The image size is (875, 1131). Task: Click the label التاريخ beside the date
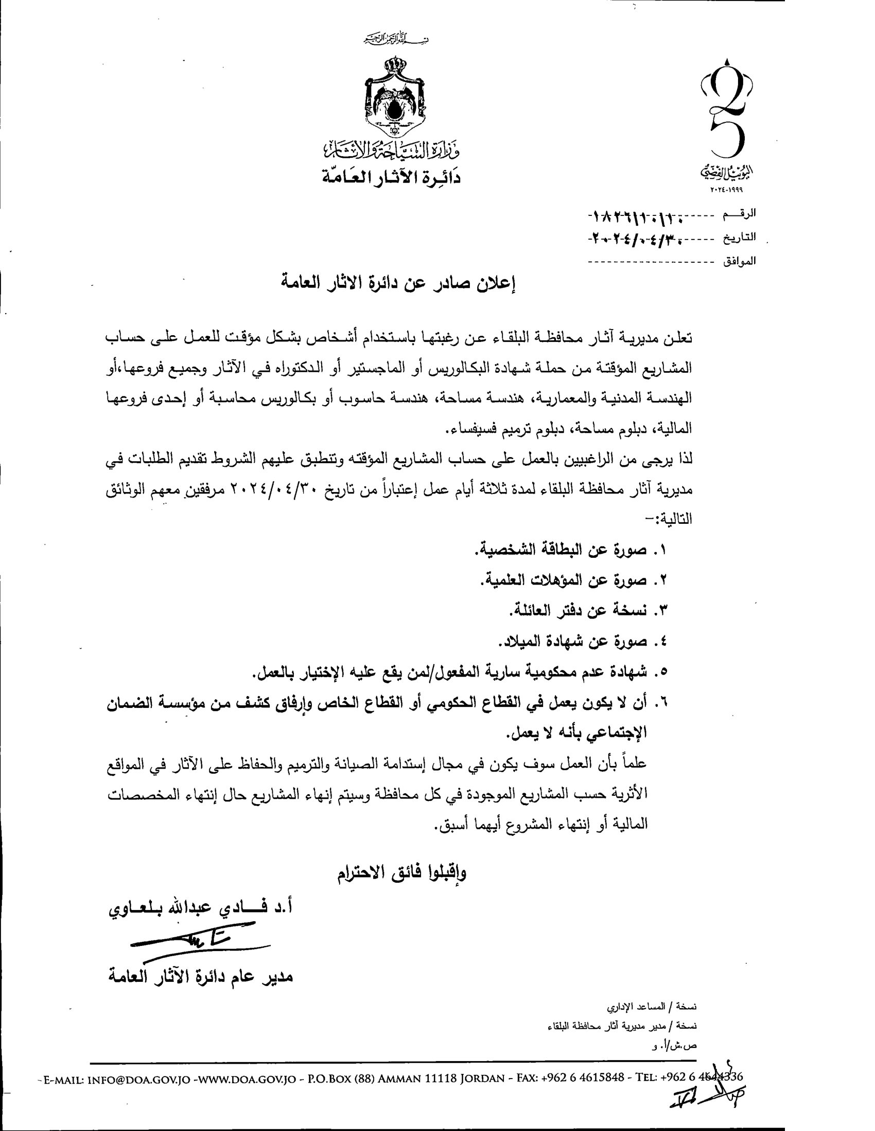(740, 238)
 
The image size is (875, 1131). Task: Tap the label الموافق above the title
(739, 262)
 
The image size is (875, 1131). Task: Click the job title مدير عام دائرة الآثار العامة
(201, 977)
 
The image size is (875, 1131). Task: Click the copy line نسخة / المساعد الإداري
(652, 1007)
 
